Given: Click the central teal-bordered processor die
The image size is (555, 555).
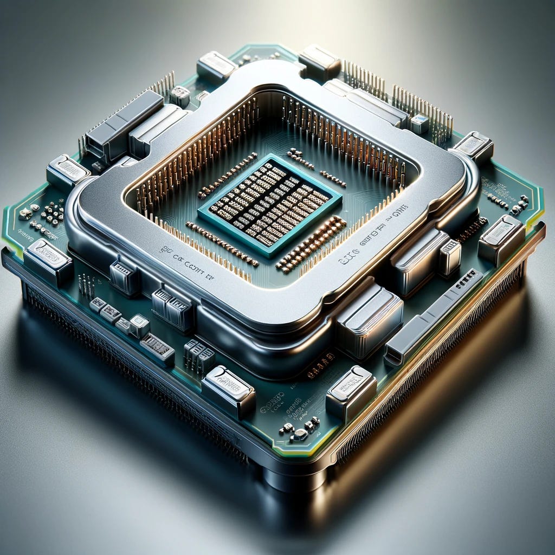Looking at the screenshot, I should (x=270, y=205).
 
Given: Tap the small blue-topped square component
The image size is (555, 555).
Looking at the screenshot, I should (x=419, y=123).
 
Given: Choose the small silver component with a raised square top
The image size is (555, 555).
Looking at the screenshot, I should (x=139, y=326).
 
